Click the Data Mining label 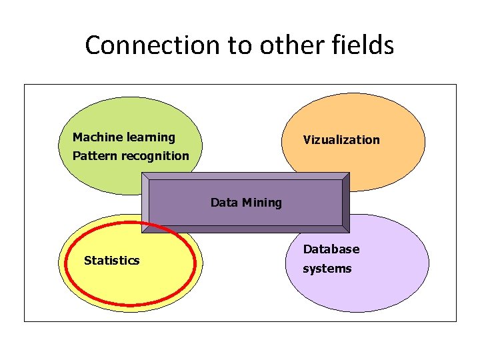[x=246, y=202]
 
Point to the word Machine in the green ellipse [x=97, y=137]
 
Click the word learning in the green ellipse [x=151, y=137]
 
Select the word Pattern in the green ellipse [x=93, y=156]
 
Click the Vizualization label [x=341, y=140]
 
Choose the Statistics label [x=111, y=261]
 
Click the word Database [x=331, y=249]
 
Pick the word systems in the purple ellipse [x=327, y=269]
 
